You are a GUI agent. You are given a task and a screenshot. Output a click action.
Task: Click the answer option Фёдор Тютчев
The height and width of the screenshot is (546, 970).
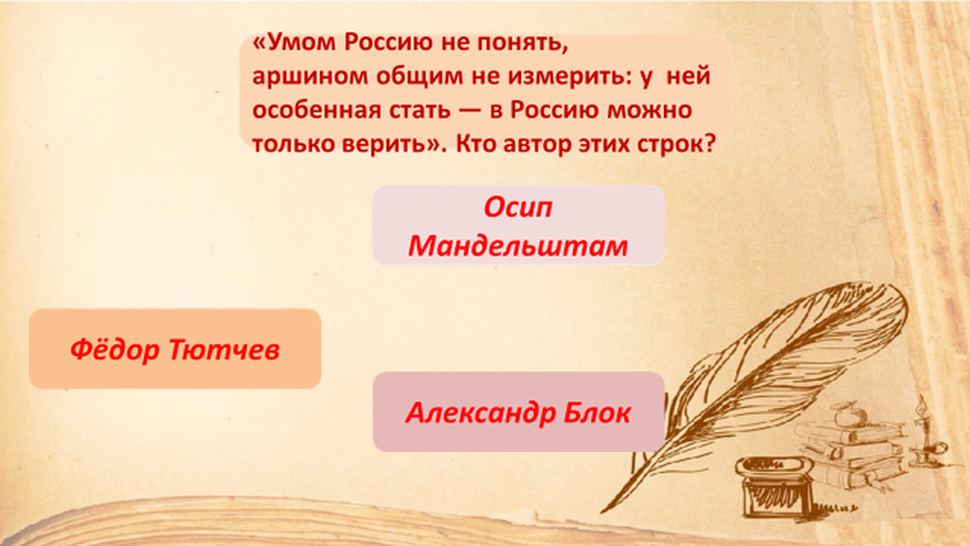pos(175,349)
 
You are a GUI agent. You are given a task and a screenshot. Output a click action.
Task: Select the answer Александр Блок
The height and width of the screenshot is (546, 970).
pos(518,411)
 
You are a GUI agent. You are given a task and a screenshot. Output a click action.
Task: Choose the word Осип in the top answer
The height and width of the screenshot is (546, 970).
pos(518,207)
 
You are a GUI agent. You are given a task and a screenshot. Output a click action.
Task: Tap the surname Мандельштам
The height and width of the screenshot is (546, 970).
pos(518,246)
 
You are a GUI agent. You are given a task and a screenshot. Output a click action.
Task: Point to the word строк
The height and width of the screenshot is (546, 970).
pos(680,144)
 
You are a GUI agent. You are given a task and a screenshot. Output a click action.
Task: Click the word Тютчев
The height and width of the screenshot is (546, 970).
pos(224,349)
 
